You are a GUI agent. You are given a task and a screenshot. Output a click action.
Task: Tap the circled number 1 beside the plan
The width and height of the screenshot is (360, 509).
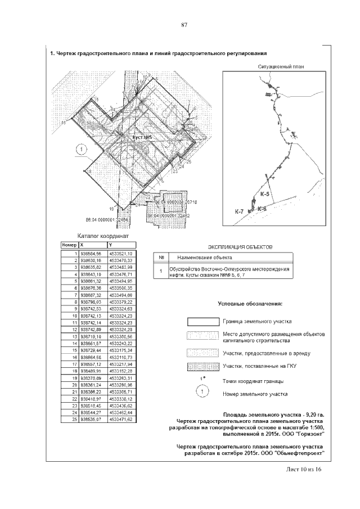point(80,149)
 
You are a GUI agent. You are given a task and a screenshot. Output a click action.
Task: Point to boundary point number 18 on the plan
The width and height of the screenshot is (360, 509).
point(89,170)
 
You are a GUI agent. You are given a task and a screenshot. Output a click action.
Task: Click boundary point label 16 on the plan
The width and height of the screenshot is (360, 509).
point(63,121)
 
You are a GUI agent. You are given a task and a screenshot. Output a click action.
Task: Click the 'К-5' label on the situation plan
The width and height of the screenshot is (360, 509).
point(265,194)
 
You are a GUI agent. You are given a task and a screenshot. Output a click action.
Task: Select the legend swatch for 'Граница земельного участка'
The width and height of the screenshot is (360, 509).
point(202,321)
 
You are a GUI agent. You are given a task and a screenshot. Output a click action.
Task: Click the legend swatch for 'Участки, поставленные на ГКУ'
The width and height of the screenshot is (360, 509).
point(202,366)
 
